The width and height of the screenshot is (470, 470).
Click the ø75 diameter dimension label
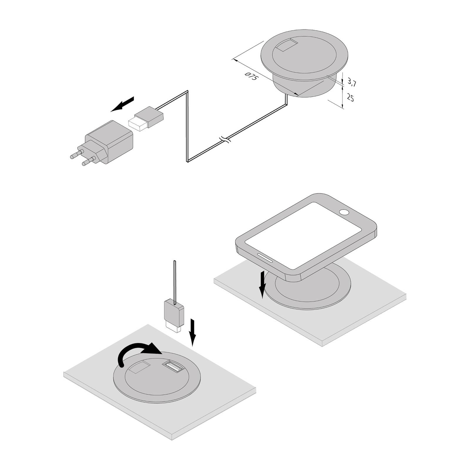[251, 77]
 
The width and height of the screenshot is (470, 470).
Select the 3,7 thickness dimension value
[352, 83]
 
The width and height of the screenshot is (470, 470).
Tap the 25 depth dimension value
[350, 97]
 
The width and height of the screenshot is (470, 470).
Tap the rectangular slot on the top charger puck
[287, 46]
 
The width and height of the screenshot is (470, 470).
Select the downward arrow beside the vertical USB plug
[192, 332]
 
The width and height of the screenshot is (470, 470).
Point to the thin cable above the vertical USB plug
[175, 280]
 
